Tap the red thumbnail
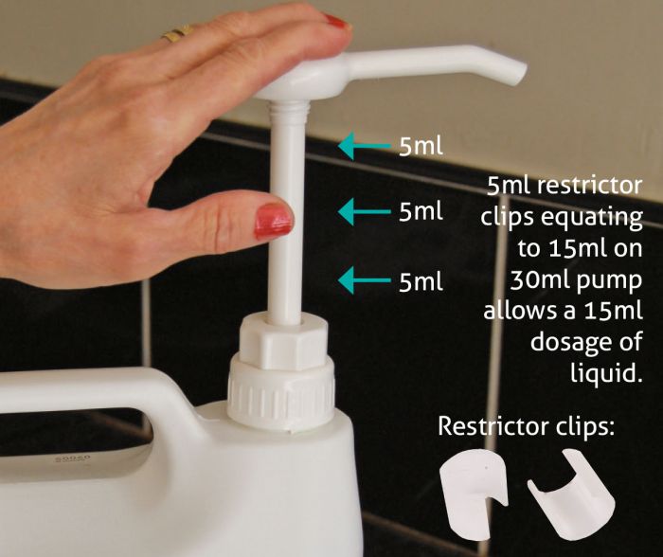273,221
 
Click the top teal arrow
364,146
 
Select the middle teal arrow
364,211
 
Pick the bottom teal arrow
364,280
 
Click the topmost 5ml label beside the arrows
421,146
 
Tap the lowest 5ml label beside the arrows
421,281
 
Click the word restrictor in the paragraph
587,186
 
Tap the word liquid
606,373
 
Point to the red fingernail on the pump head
336,21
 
